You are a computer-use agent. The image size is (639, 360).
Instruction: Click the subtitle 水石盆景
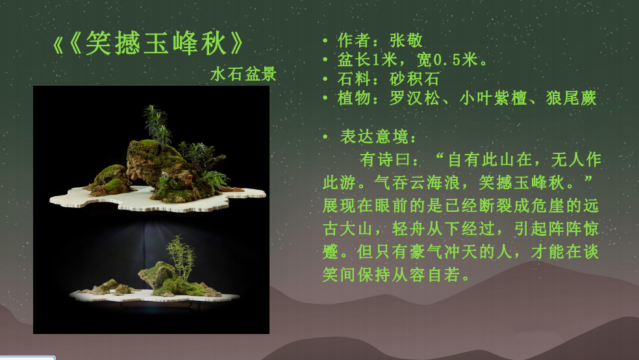tap(244, 74)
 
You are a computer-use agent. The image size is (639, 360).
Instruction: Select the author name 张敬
tap(406, 40)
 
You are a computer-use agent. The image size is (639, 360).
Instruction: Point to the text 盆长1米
tap(367, 60)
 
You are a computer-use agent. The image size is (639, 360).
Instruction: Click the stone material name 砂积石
tap(414, 79)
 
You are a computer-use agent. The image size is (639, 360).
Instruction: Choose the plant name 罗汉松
tap(414, 98)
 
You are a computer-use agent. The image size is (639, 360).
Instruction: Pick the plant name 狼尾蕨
tap(571, 98)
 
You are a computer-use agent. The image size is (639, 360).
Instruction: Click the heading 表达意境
tap(374, 136)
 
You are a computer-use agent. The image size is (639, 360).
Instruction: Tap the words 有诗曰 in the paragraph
tap(384, 159)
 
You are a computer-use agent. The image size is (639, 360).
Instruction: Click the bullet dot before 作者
tap(325, 40)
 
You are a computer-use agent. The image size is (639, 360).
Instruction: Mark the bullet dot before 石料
tap(325, 79)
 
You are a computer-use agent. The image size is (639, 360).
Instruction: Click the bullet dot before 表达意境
tap(325, 136)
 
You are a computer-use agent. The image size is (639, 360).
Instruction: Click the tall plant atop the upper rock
tap(157, 124)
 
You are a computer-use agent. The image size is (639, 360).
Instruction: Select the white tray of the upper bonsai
tap(158, 199)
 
